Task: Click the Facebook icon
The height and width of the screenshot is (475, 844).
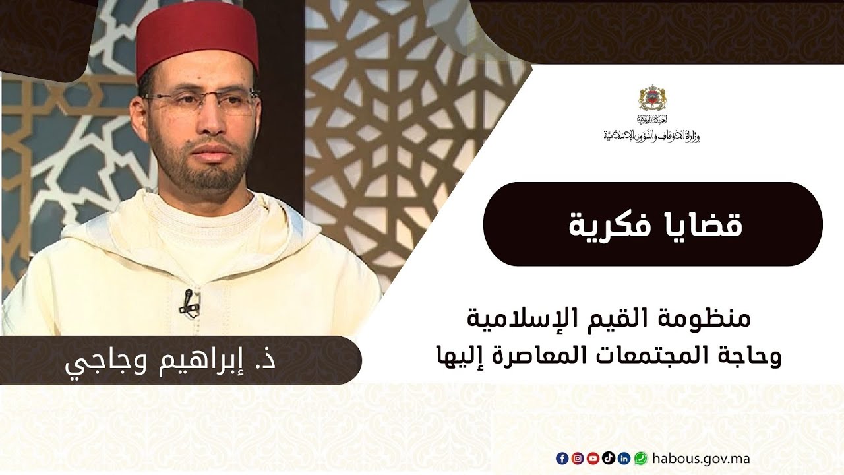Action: [x=562, y=459]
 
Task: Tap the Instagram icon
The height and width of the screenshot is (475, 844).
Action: [x=577, y=459]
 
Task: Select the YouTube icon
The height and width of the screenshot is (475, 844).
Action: [x=593, y=459]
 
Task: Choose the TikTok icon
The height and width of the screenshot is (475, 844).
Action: [x=608, y=459]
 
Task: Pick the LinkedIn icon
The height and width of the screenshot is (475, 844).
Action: [x=624, y=459]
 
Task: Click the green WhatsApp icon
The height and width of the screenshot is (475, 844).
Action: [x=640, y=459]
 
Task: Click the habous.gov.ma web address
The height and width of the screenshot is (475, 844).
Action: [x=700, y=459]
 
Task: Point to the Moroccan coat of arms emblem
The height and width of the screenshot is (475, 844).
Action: [x=652, y=99]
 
